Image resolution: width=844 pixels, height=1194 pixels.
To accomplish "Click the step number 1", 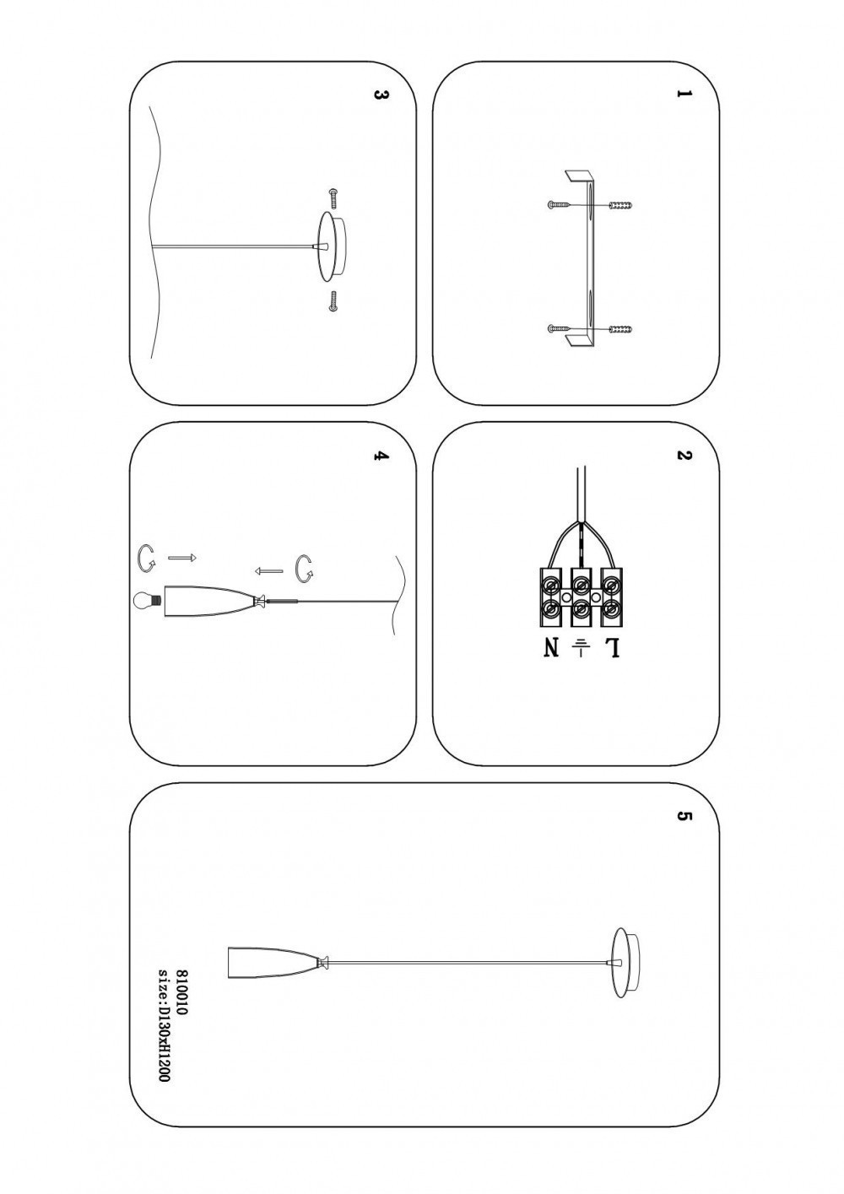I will tap(684, 95).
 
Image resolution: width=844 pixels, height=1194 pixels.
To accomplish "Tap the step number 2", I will tap(684, 457).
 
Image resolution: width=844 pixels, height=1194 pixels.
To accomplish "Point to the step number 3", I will tap(380, 95).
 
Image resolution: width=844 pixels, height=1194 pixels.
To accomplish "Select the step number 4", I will tap(380, 457).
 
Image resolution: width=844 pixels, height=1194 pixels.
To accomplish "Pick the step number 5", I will tap(684, 817).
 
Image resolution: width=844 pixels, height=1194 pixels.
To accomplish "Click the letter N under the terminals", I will tap(551, 649).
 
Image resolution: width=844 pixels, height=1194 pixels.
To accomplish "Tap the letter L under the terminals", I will tap(612, 649).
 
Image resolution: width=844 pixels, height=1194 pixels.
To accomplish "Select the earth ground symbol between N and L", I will tap(581, 648).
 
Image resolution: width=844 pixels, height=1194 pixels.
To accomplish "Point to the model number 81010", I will tap(181, 992).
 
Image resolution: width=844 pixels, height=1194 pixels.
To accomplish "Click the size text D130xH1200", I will tap(165, 1024).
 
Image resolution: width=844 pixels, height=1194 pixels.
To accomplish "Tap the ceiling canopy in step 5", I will tap(625, 962).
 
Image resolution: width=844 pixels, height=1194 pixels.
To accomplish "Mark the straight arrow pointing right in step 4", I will tap(182, 558).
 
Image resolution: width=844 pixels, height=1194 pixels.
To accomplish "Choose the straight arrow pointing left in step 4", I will tap(268, 570).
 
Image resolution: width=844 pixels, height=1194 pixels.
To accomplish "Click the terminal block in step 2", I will tap(582, 597).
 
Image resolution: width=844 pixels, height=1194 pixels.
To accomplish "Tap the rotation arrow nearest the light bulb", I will tap(147, 556).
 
